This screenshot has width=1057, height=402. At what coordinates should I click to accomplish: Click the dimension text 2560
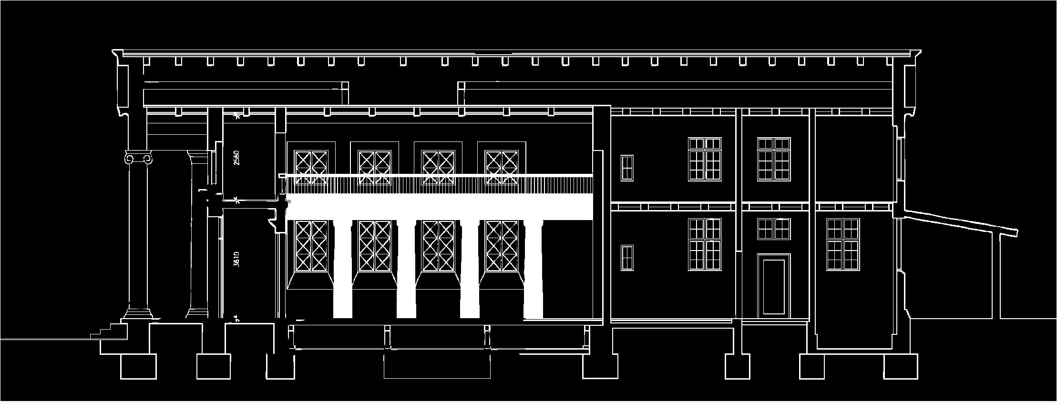(x=236, y=158)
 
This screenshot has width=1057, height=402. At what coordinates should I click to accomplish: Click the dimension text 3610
(x=237, y=260)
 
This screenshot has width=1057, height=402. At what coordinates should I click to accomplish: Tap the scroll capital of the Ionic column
(x=138, y=158)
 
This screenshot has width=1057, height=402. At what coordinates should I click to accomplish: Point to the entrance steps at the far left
(x=110, y=331)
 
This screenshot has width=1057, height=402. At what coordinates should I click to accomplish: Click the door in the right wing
(x=774, y=287)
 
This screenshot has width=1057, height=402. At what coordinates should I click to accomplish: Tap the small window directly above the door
(x=774, y=229)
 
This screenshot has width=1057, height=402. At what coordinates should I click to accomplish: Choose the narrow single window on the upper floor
(x=627, y=168)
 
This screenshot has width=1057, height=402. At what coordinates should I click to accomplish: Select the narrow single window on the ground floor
(x=627, y=258)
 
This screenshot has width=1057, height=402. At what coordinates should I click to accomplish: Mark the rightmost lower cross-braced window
(x=501, y=246)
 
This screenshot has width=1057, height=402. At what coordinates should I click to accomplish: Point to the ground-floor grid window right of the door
(x=843, y=244)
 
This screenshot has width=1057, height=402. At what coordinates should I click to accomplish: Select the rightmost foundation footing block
(x=901, y=366)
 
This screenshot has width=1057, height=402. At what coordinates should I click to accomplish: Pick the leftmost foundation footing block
(x=139, y=366)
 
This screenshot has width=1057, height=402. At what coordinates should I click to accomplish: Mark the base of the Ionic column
(x=138, y=313)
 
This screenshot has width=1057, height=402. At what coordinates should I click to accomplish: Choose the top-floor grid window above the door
(x=774, y=160)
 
